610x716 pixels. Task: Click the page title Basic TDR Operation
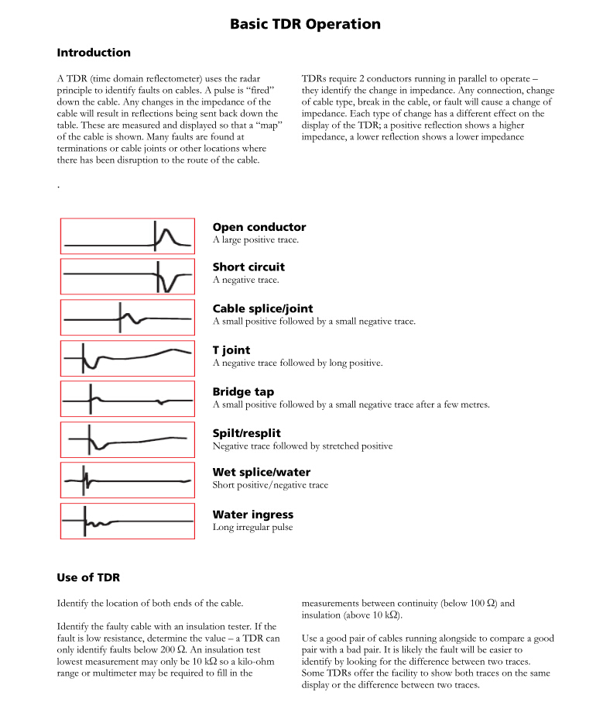pos(305,24)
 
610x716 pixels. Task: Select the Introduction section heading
pos(94,53)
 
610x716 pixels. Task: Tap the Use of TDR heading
pos(88,577)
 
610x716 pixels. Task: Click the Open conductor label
pos(259,227)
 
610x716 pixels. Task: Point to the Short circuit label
pos(248,267)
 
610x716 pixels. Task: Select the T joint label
pos(231,350)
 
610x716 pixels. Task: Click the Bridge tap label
pos(243,392)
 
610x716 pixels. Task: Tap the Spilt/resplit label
pos(246,433)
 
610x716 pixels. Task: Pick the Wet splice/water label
pos(262,472)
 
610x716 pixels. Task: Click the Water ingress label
pos(253,515)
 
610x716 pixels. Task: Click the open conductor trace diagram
pos(128,236)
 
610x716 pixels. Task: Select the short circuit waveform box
pos(128,276)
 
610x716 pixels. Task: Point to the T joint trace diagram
pos(128,358)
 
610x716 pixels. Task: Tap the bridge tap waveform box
pos(128,399)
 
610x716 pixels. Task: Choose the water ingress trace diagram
pos(128,522)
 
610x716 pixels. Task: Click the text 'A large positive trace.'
pos(255,240)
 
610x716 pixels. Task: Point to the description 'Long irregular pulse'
pos(252,528)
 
